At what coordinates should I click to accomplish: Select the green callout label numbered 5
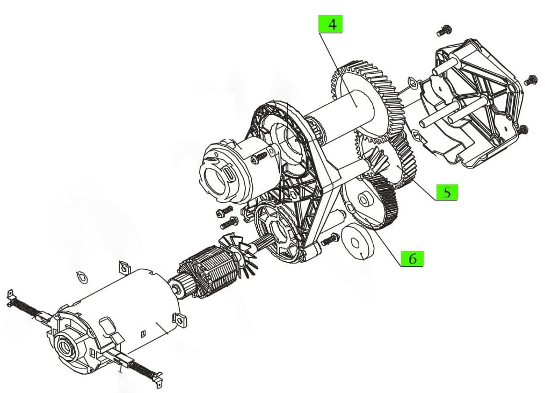pyautogui.click(x=447, y=192)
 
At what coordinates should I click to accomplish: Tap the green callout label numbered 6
pyautogui.click(x=412, y=258)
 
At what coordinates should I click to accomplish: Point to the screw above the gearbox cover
pyautogui.click(x=443, y=31)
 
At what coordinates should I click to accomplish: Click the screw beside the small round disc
pyautogui.click(x=329, y=239)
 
